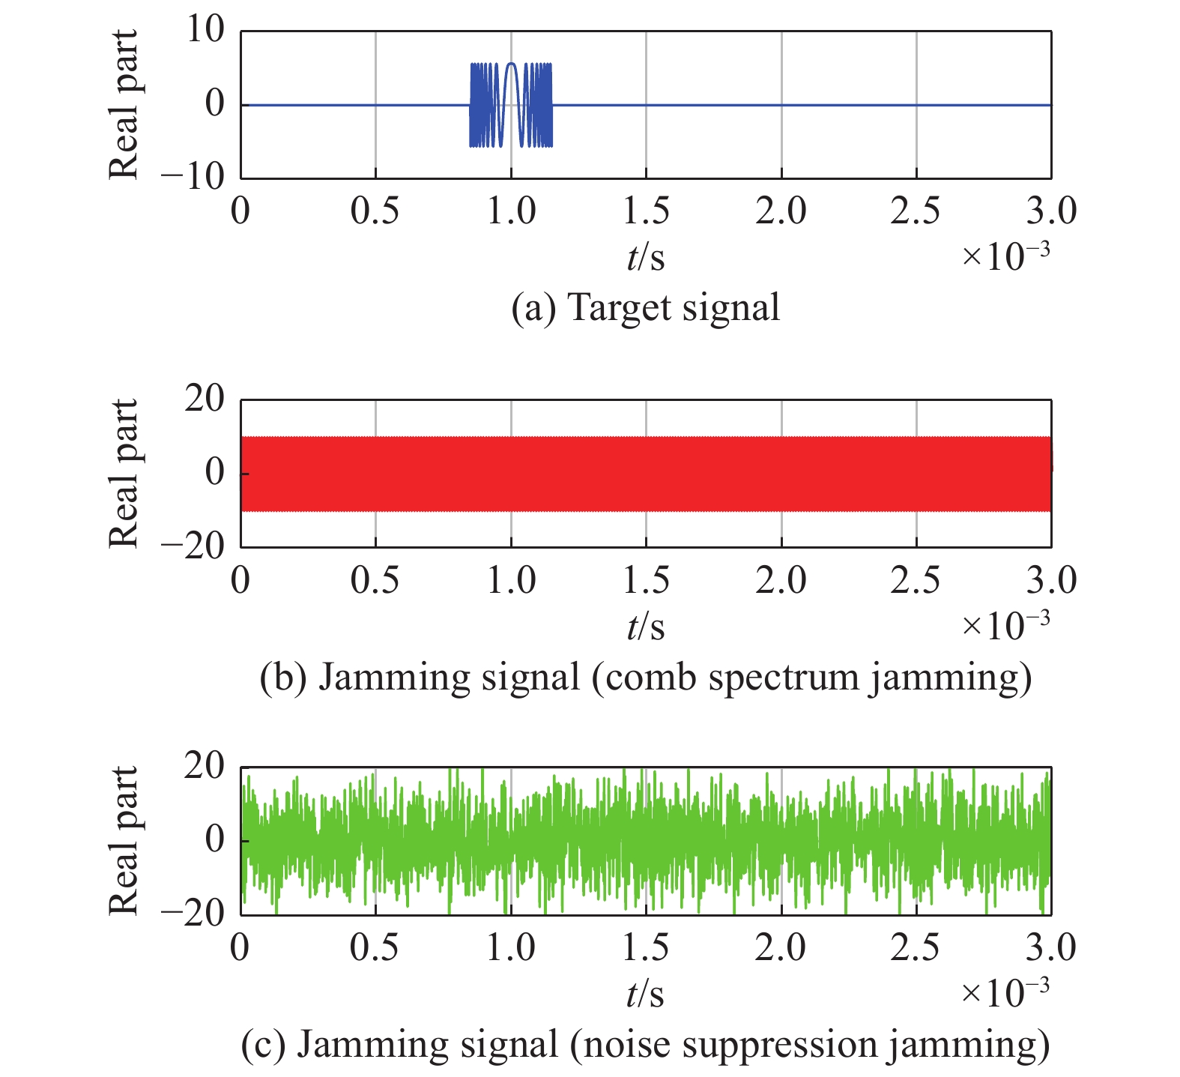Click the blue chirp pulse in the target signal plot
pyautogui.click(x=511, y=105)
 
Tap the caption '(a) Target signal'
pyautogui.click(x=645, y=308)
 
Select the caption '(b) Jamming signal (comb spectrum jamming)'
pyautogui.click(x=645, y=677)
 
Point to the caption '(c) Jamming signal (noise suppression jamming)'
pyautogui.click(x=645, y=1044)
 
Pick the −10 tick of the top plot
pyautogui.click(x=193, y=178)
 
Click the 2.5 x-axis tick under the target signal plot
pyautogui.click(x=916, y=211)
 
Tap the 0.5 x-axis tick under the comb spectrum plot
pyautogui.click(x=375, y=580)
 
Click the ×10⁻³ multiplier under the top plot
pyautogui.click(x=1005, y=256)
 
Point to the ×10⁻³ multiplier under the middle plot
pyautogui.click(x=1005, y=625)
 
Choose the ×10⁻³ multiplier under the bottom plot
pyautogui.click(x=1005, y=992)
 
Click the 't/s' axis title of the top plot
pyautogui.click(x=645, y=258)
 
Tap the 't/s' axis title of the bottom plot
pyautogui.click(x=645, y=994)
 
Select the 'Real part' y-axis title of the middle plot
pyautogui.click(x=124, y=473)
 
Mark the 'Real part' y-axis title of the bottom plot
pyautogui.click(x=124, y=840)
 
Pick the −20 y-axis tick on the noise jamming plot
pyautogui.click(x=193, y=914)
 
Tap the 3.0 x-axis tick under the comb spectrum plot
pyautogui.click(x=1051, y=580)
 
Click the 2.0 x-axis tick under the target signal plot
pyautogui.click(x=781, y=211)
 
